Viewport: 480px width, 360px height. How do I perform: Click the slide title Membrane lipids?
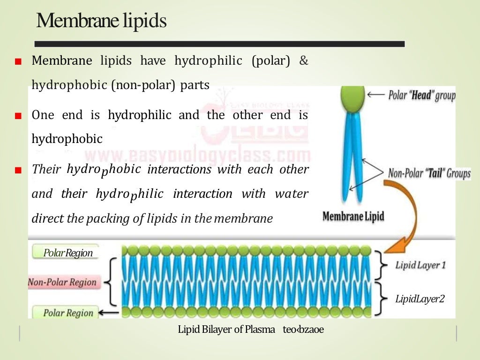click(101, 21)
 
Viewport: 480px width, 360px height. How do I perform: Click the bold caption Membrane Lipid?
click(353, 217)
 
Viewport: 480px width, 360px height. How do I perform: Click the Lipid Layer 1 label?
click(420, 265)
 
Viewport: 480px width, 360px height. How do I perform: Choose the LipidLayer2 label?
click(420, 299)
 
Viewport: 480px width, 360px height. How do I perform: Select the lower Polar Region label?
click(68, 313)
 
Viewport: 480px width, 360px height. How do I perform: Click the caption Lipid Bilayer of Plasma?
click(226, 330)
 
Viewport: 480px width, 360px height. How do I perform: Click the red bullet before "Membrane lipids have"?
click(18, 62)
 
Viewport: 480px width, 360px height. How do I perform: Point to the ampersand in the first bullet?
click(304, 61)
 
